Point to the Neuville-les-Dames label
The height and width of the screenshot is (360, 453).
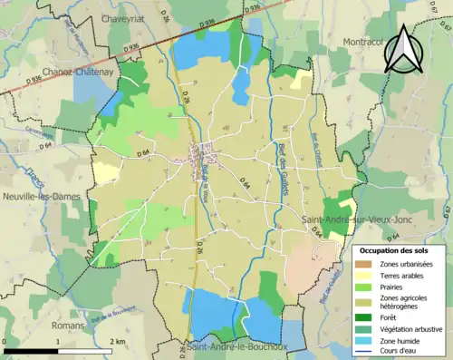point(40,196)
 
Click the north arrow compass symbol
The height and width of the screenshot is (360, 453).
point(402,49)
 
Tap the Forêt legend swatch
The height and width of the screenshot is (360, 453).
point(366,316)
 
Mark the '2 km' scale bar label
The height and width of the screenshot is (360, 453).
point(118,340)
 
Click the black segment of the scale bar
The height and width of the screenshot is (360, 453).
point(31,351)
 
